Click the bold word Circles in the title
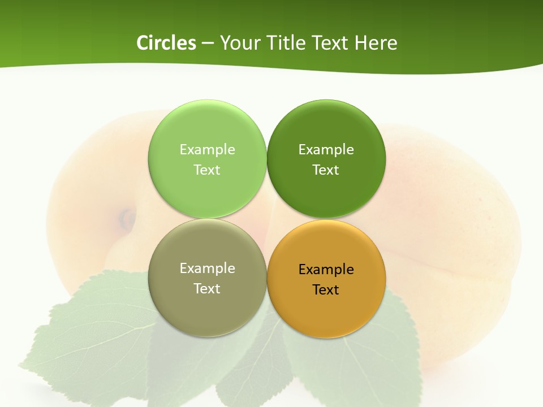tap(166, 43)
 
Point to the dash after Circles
tap(208, 44)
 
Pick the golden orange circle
tap(326, 308)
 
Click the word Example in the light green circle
tap(207, 149)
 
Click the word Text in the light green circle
tap(207, 170)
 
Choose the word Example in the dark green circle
tap(326, 149)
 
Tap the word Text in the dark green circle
tap(326, 170)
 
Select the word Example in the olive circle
tap(207, 268)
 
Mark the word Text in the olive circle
tap(207, 288)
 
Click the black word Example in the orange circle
tap(326, 269)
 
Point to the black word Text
tap(326, 289)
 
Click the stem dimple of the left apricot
tap(126, 218)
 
